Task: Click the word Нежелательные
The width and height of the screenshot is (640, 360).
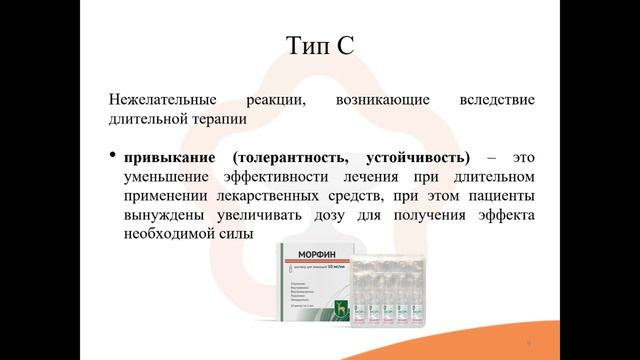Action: pyautogui.click(x=161, y=101)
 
